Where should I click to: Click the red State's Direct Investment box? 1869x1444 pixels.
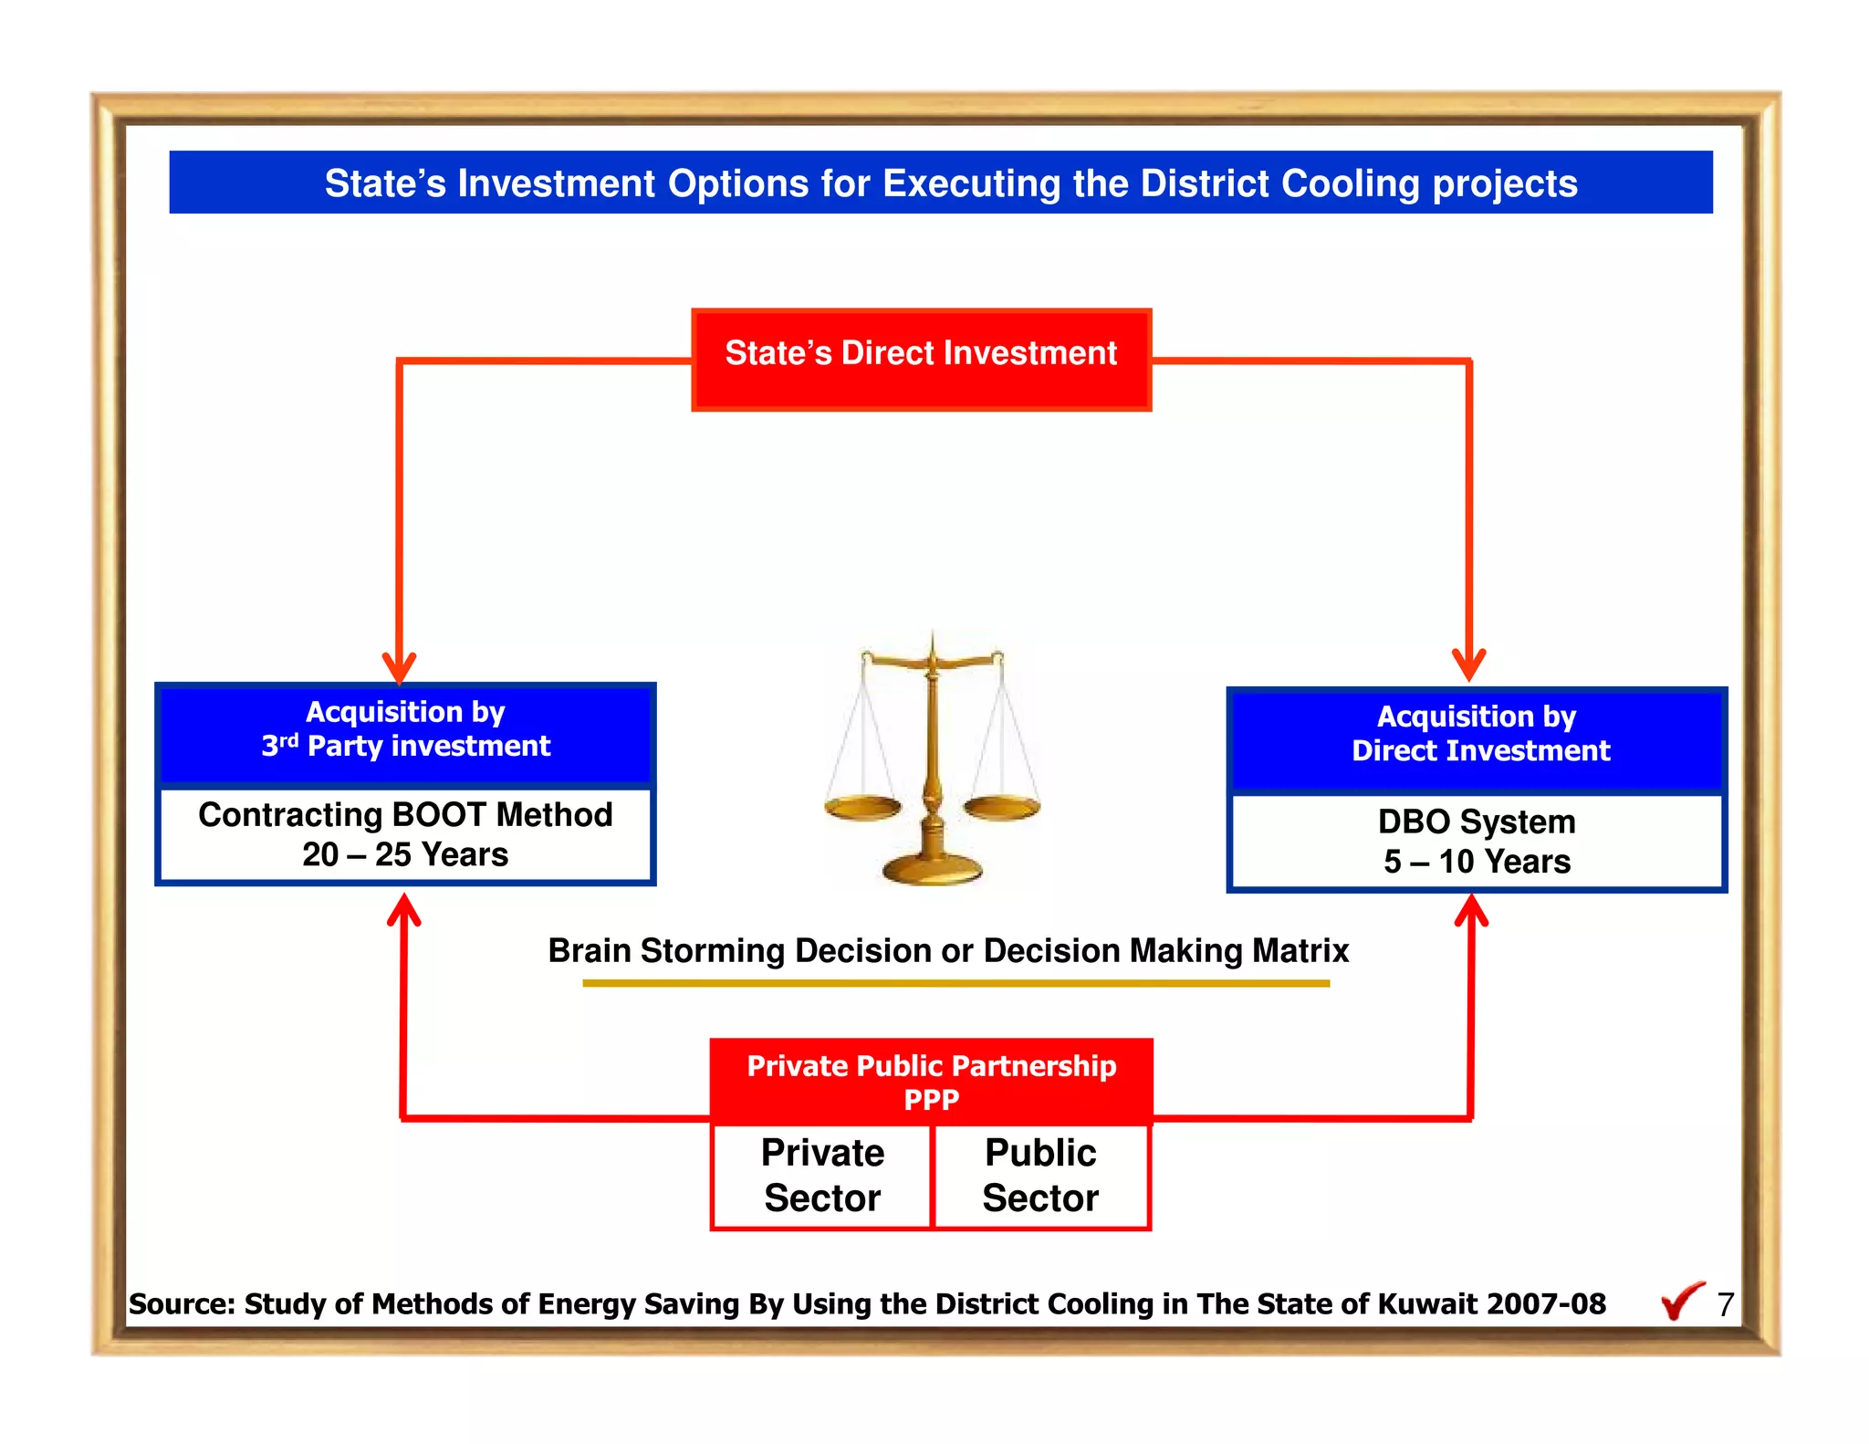(921, 359)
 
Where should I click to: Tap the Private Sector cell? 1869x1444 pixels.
(821, 1176)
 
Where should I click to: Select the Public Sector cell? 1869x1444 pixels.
(1040, 1176)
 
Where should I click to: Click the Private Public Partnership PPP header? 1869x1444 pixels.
(931, 1081)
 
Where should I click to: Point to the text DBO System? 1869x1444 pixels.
(1476, 821)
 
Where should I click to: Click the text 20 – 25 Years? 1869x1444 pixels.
(405, 854)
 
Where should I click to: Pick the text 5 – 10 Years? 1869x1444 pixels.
(1476, 862)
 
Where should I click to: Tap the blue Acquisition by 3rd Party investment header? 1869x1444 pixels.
(405, 730)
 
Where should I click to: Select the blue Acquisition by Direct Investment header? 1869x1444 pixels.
(1476, 736)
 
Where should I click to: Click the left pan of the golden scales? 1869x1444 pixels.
(862, 807)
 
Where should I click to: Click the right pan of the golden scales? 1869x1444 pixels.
(1002, 807)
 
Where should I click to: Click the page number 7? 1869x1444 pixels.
(1725, 1304)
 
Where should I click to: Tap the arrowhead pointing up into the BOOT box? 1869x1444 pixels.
(403, 909)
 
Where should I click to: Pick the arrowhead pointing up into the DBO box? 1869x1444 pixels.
(1471, 910)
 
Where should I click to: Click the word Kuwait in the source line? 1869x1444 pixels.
(1431, 1303)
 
